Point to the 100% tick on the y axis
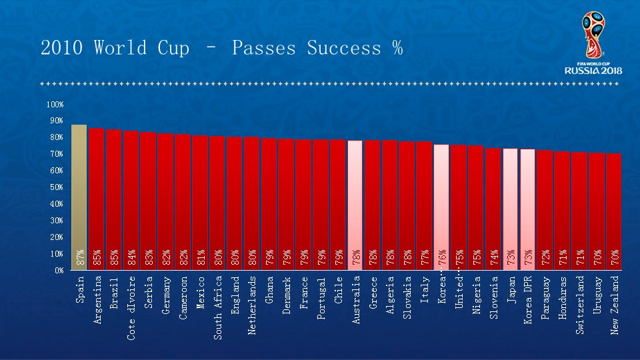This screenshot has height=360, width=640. pyautogui.click(x=55, y=105)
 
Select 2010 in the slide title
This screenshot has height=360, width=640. pyautogui.click(x=63, y=49)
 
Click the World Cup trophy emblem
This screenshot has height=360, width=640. pyautogui.click(x=592, y=33)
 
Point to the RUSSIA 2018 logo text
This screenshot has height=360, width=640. pyautogui.click(x=593, y=70)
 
